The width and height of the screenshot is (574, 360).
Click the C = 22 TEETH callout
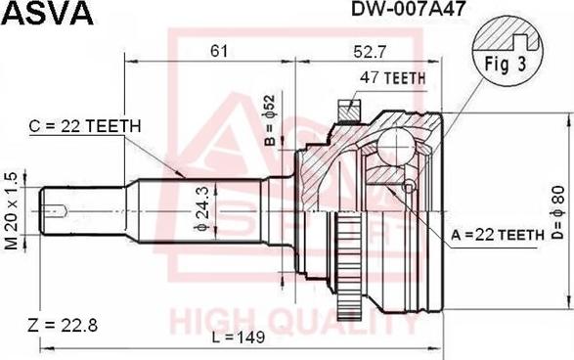click(85, 126)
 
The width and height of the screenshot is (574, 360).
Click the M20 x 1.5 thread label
click(11, 211)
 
